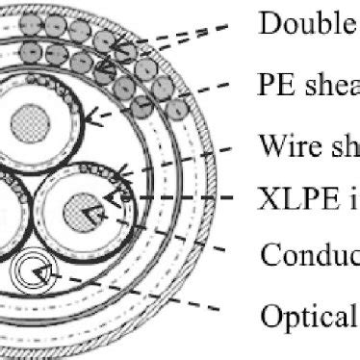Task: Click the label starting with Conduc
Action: pyautogui.click(x=308, y=256)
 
